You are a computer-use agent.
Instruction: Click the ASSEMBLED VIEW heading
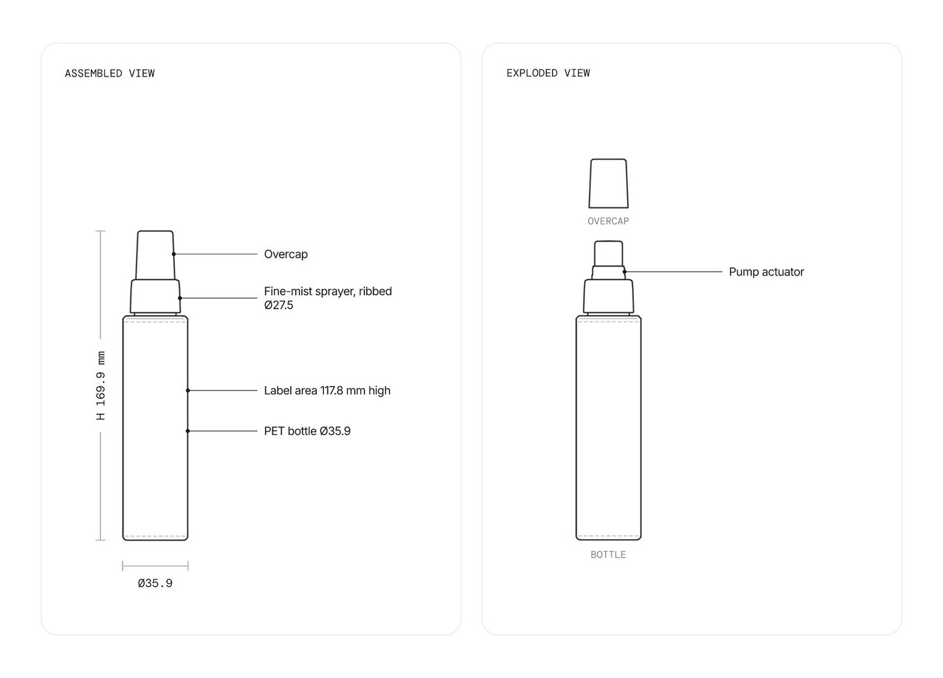point(109,73)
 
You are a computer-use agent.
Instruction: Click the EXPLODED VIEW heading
point(547,73)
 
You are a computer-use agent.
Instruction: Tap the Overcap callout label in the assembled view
point(286,255)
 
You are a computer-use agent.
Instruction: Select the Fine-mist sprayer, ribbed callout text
point(328,291)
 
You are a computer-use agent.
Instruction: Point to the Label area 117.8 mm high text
point(327,391)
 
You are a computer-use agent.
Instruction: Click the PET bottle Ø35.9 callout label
point(307,431)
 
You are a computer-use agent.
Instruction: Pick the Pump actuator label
point(766,272)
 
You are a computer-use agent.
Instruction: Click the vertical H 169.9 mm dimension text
point(101,385)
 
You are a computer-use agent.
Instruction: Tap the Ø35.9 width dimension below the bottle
point(155,583)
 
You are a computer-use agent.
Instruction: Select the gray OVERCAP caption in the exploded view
point(608,221)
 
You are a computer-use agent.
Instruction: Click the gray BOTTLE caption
point(608,555)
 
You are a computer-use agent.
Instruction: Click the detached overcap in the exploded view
point(608,183)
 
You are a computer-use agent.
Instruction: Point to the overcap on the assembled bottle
point(155,255)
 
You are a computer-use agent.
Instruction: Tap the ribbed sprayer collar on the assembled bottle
point(155,296)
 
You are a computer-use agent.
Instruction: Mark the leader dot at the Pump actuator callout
point(624,272)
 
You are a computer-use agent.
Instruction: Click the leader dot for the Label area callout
point(188,391)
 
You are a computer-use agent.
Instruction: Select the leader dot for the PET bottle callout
point(188,431)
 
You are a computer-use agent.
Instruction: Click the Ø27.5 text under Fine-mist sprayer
point(278,306)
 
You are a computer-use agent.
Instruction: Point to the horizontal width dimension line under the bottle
point(155,566)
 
